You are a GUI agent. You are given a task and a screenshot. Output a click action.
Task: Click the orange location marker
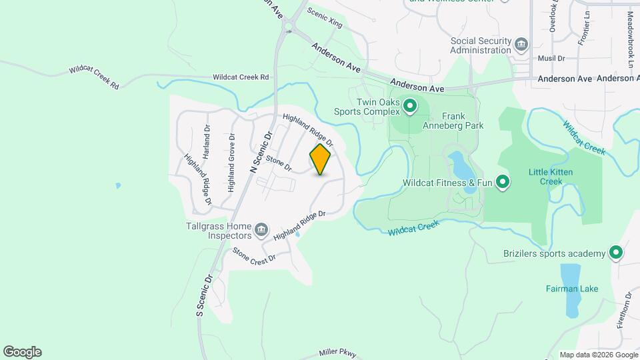[321, 159]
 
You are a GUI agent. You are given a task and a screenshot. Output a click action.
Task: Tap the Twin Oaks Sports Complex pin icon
[411, 106]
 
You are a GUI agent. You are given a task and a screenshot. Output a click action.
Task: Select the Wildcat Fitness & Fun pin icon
[503, 182]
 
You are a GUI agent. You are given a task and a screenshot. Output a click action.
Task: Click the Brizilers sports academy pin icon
[616, 253]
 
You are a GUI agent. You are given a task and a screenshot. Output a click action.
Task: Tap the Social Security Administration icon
[521, 45]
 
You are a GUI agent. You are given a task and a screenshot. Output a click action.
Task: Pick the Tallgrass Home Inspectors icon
[261, 231]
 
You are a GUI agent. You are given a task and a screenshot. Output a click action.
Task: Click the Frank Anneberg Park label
[453, 120]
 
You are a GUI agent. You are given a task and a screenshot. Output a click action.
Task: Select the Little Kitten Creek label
[551, 177]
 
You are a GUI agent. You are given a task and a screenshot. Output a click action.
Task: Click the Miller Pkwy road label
[338, 353]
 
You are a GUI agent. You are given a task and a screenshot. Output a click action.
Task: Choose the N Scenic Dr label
[261, 153]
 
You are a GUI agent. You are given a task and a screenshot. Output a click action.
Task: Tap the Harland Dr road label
[207, 141]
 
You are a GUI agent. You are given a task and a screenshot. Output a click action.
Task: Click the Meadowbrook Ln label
[630, 39]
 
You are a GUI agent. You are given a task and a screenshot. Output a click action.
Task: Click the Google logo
[22, 352]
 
